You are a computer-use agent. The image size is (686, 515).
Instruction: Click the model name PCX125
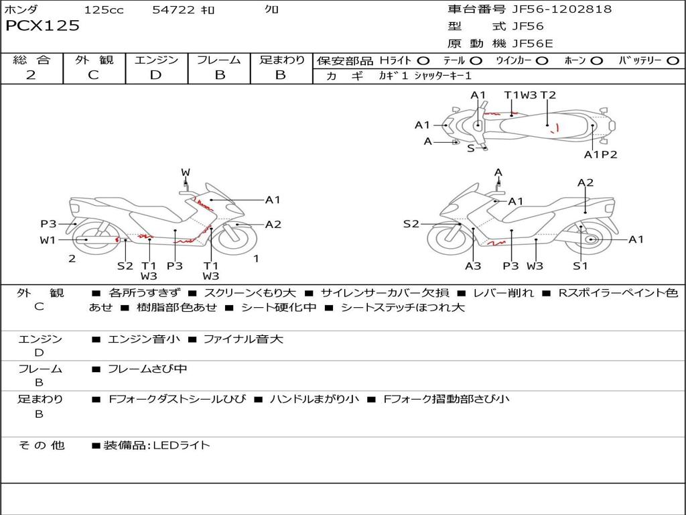42,26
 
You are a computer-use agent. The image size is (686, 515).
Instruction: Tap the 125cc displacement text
104,10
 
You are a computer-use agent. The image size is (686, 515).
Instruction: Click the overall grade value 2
31,75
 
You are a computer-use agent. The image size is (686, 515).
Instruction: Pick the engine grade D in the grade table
155,75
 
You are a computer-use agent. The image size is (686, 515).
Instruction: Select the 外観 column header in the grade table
93,60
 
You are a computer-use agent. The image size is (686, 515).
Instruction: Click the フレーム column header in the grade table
219,60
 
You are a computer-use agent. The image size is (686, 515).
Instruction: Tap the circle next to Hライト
423,61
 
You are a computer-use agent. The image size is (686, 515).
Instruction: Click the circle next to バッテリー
673,61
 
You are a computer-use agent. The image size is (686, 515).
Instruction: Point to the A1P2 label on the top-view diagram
600,155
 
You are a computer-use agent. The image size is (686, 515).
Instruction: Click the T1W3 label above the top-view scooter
521,95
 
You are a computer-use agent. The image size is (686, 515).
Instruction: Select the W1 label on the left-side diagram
48,240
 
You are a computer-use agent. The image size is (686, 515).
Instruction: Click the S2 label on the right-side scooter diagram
411,224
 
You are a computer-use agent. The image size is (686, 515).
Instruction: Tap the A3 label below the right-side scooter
473,266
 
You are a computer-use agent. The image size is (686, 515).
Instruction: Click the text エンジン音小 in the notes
144,339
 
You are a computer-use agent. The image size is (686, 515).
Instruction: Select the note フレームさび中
147,369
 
